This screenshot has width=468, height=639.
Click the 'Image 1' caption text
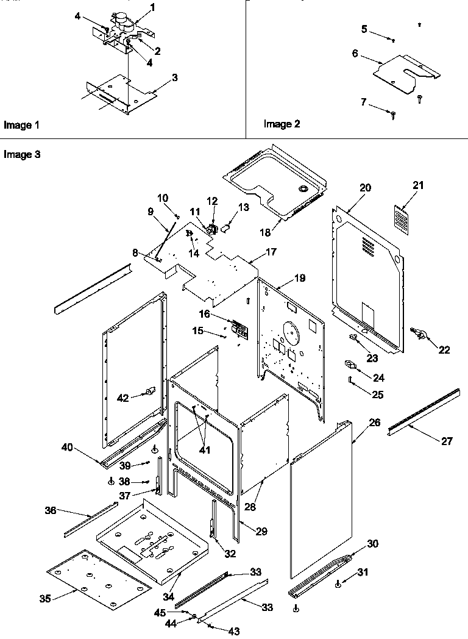click(x=21, y=125)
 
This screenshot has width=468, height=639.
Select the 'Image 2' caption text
click(x=282, y=124)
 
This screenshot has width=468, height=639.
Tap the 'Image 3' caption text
click(x=22, y=155)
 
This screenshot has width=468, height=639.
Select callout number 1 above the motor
click(x=152, y=7)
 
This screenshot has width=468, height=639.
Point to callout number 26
click(x=375, y=421)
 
